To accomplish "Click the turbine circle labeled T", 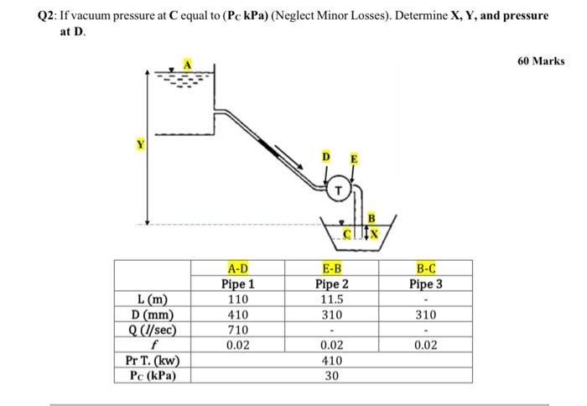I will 338,190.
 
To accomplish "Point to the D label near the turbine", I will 327,157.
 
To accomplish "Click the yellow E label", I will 353,158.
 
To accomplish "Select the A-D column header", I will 238,268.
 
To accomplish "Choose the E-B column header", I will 332,268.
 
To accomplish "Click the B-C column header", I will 426,268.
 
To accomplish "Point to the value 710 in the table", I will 238,330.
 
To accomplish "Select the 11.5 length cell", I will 332,300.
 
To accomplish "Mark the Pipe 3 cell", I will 426,284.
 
